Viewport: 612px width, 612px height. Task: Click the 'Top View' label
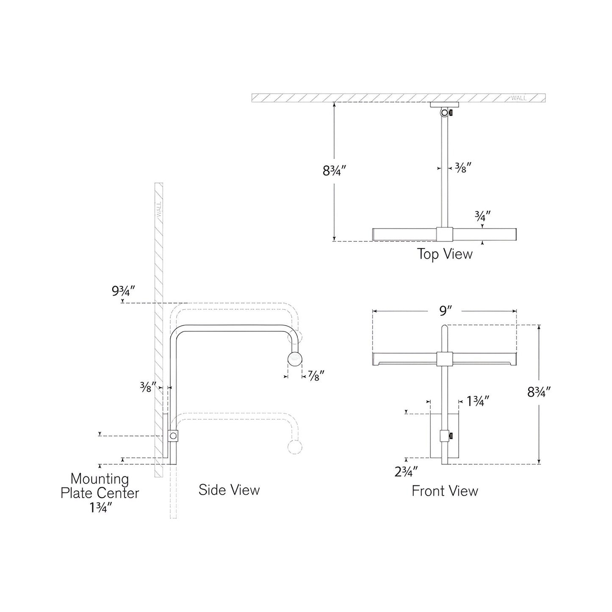[444, 254]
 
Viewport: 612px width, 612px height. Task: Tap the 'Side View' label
[229, 490]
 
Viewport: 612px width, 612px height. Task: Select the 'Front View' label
[445, 491]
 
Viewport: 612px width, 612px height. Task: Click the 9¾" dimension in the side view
[123, 291]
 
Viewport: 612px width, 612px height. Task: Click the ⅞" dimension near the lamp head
[313, 375]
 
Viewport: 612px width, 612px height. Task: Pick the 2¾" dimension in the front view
[406, 471]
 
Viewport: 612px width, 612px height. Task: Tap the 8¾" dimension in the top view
[335, 171]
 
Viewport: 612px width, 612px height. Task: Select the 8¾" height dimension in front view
[539, 393]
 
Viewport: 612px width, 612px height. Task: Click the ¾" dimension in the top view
[482, 216]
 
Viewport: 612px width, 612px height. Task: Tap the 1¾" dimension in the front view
[478, 401]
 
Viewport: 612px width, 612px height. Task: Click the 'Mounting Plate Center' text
[100, 486]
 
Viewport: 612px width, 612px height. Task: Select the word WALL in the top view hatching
[518, 98]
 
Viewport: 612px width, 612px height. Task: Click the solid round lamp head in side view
[295, 359]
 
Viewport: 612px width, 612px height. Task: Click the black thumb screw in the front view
[451, 435]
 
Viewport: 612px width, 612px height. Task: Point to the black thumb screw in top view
[451, 113]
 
